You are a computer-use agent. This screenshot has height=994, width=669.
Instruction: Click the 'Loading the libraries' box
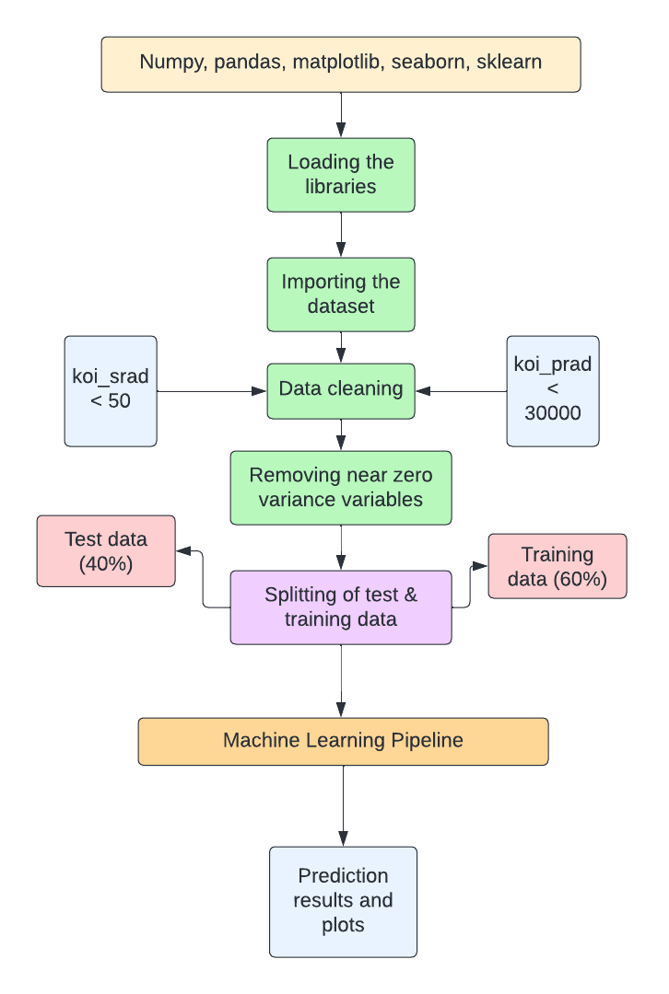[341, 175]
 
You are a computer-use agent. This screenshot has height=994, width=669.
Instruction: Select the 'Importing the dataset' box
[341, 294]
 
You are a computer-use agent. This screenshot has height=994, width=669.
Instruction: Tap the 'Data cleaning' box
[341, 390]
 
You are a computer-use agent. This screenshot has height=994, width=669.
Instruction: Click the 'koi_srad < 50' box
[111, 390]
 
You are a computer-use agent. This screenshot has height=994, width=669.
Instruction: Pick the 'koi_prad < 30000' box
[553, 390]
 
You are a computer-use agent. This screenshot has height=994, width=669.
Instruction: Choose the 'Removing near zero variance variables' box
[341, 488]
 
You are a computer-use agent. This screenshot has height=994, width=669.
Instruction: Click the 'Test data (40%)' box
[106, 550]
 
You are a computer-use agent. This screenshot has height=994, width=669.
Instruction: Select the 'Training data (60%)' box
[557, 566]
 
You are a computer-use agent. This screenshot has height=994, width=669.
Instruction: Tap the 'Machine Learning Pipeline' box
[343, 741]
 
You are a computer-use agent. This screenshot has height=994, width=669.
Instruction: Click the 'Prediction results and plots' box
[343, 901]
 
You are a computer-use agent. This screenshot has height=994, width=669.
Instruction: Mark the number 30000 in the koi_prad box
[553, 413]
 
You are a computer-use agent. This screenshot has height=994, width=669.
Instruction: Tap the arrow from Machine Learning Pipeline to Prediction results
[343, 805]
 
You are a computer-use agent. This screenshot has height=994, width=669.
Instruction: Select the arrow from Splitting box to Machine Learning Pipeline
[342, 681]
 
